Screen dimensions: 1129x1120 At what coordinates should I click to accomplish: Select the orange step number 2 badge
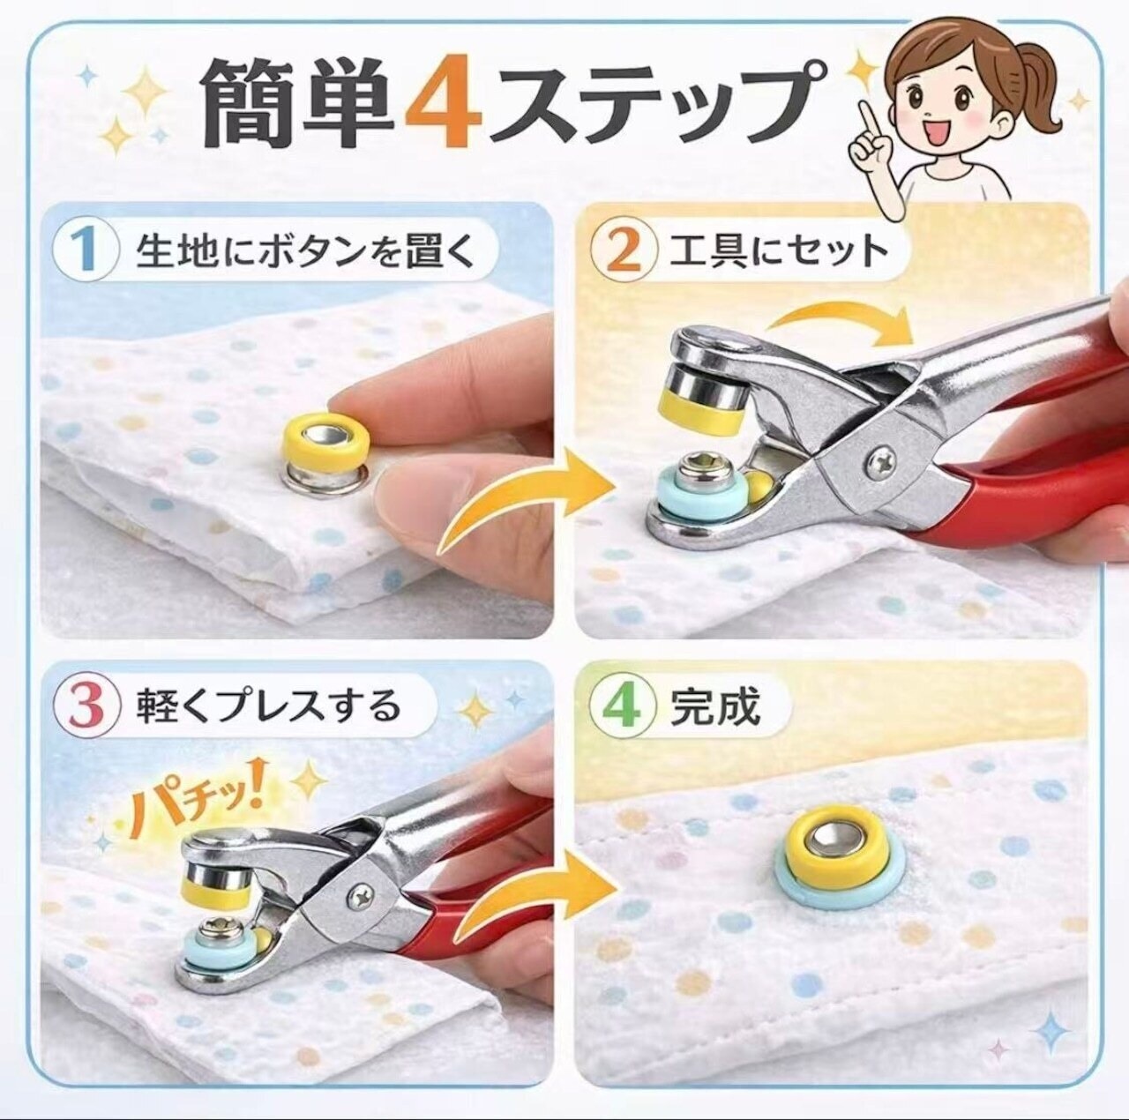tap(623, 250)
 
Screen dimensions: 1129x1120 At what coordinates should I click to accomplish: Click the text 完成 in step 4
tap(715, 706)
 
